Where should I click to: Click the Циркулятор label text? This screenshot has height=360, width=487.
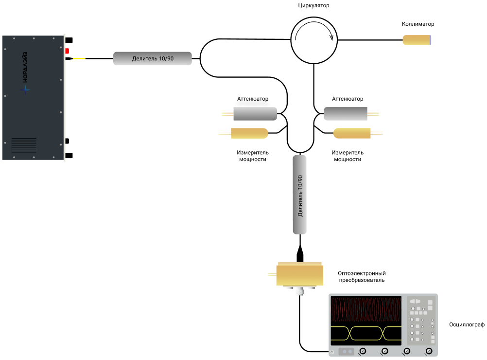(x=313, y=6)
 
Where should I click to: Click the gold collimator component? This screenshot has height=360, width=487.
(x=417, y=40)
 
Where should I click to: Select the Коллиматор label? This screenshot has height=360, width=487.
(x=418, y=24)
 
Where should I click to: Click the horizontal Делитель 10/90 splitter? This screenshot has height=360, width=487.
(x=153, y=59)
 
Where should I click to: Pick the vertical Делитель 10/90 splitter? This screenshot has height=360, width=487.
(x=300, y=195)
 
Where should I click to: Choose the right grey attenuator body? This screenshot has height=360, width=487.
(x=346, y=114)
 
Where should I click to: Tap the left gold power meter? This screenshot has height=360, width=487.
(x=249, y=133)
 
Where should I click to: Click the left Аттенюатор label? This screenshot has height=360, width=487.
(x=252, y=99)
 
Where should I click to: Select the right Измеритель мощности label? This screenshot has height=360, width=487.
(x=348, y=156)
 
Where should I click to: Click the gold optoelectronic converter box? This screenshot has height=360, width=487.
(x=300, y=275)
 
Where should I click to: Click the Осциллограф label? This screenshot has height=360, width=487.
(x=467, y=324)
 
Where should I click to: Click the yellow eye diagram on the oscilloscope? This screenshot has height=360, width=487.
(x=366, y=333)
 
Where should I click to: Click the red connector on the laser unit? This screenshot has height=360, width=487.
(x=68, y=51)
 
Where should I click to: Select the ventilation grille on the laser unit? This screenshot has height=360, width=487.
(x=24, y=145)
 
